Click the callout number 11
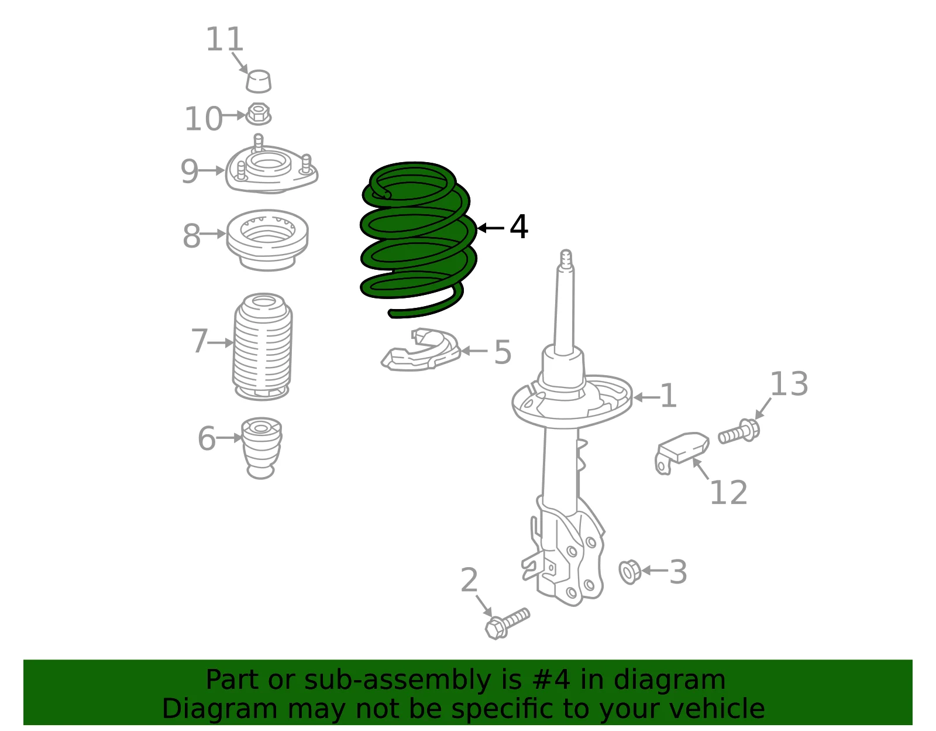[x=225, y=40]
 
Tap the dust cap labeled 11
[x=259, y=81]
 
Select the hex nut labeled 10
[x=258, y=115]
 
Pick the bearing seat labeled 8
[x=267, y=239]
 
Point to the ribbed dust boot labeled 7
[x=262, y=346]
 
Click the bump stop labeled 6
[x=261, y=448]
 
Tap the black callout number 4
[x=519, y=227]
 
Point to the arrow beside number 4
[x=491, y=228]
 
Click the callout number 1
[x=668, y=396]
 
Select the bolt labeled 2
[x=507, y=623]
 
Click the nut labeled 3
[x=629, y=572]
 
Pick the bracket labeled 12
[x=682, y=452]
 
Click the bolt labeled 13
[x=739, y=431]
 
